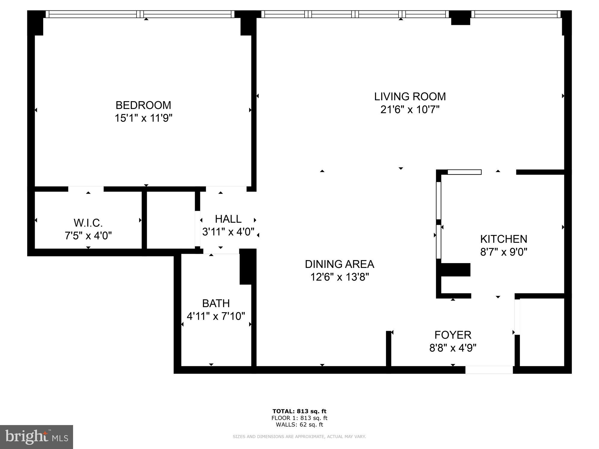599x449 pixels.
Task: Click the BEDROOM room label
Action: tap(143, 105)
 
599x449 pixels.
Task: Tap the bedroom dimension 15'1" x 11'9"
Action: tap(143, 118)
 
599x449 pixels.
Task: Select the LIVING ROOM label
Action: tap(410, 96)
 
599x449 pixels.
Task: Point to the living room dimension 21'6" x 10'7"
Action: tap(410, 110)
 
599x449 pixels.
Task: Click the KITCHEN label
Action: tap(503, 239)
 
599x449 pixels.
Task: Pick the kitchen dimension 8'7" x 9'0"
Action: tap(503, 252)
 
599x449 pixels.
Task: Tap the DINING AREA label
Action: tap(339, 264)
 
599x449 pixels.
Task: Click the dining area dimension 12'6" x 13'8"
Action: tap(339, 277)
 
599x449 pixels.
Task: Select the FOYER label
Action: tap(453, 335)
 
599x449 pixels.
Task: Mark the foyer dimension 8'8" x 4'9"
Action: tap(453, 348)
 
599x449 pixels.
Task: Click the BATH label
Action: tap(216, 303)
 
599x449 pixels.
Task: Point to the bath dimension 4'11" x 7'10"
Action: tap(216, 316)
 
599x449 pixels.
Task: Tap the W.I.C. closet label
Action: tap(88, 223)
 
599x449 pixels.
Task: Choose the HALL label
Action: tap(228, 219)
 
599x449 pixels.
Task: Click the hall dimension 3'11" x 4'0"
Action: tap(228, 232)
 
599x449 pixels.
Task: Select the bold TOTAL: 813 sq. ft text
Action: tap(299, 411)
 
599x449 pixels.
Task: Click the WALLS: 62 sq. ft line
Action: tap(299, 424)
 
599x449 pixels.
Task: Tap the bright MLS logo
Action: tap(36, 437)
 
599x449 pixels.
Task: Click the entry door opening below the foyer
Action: tap(489, 370)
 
